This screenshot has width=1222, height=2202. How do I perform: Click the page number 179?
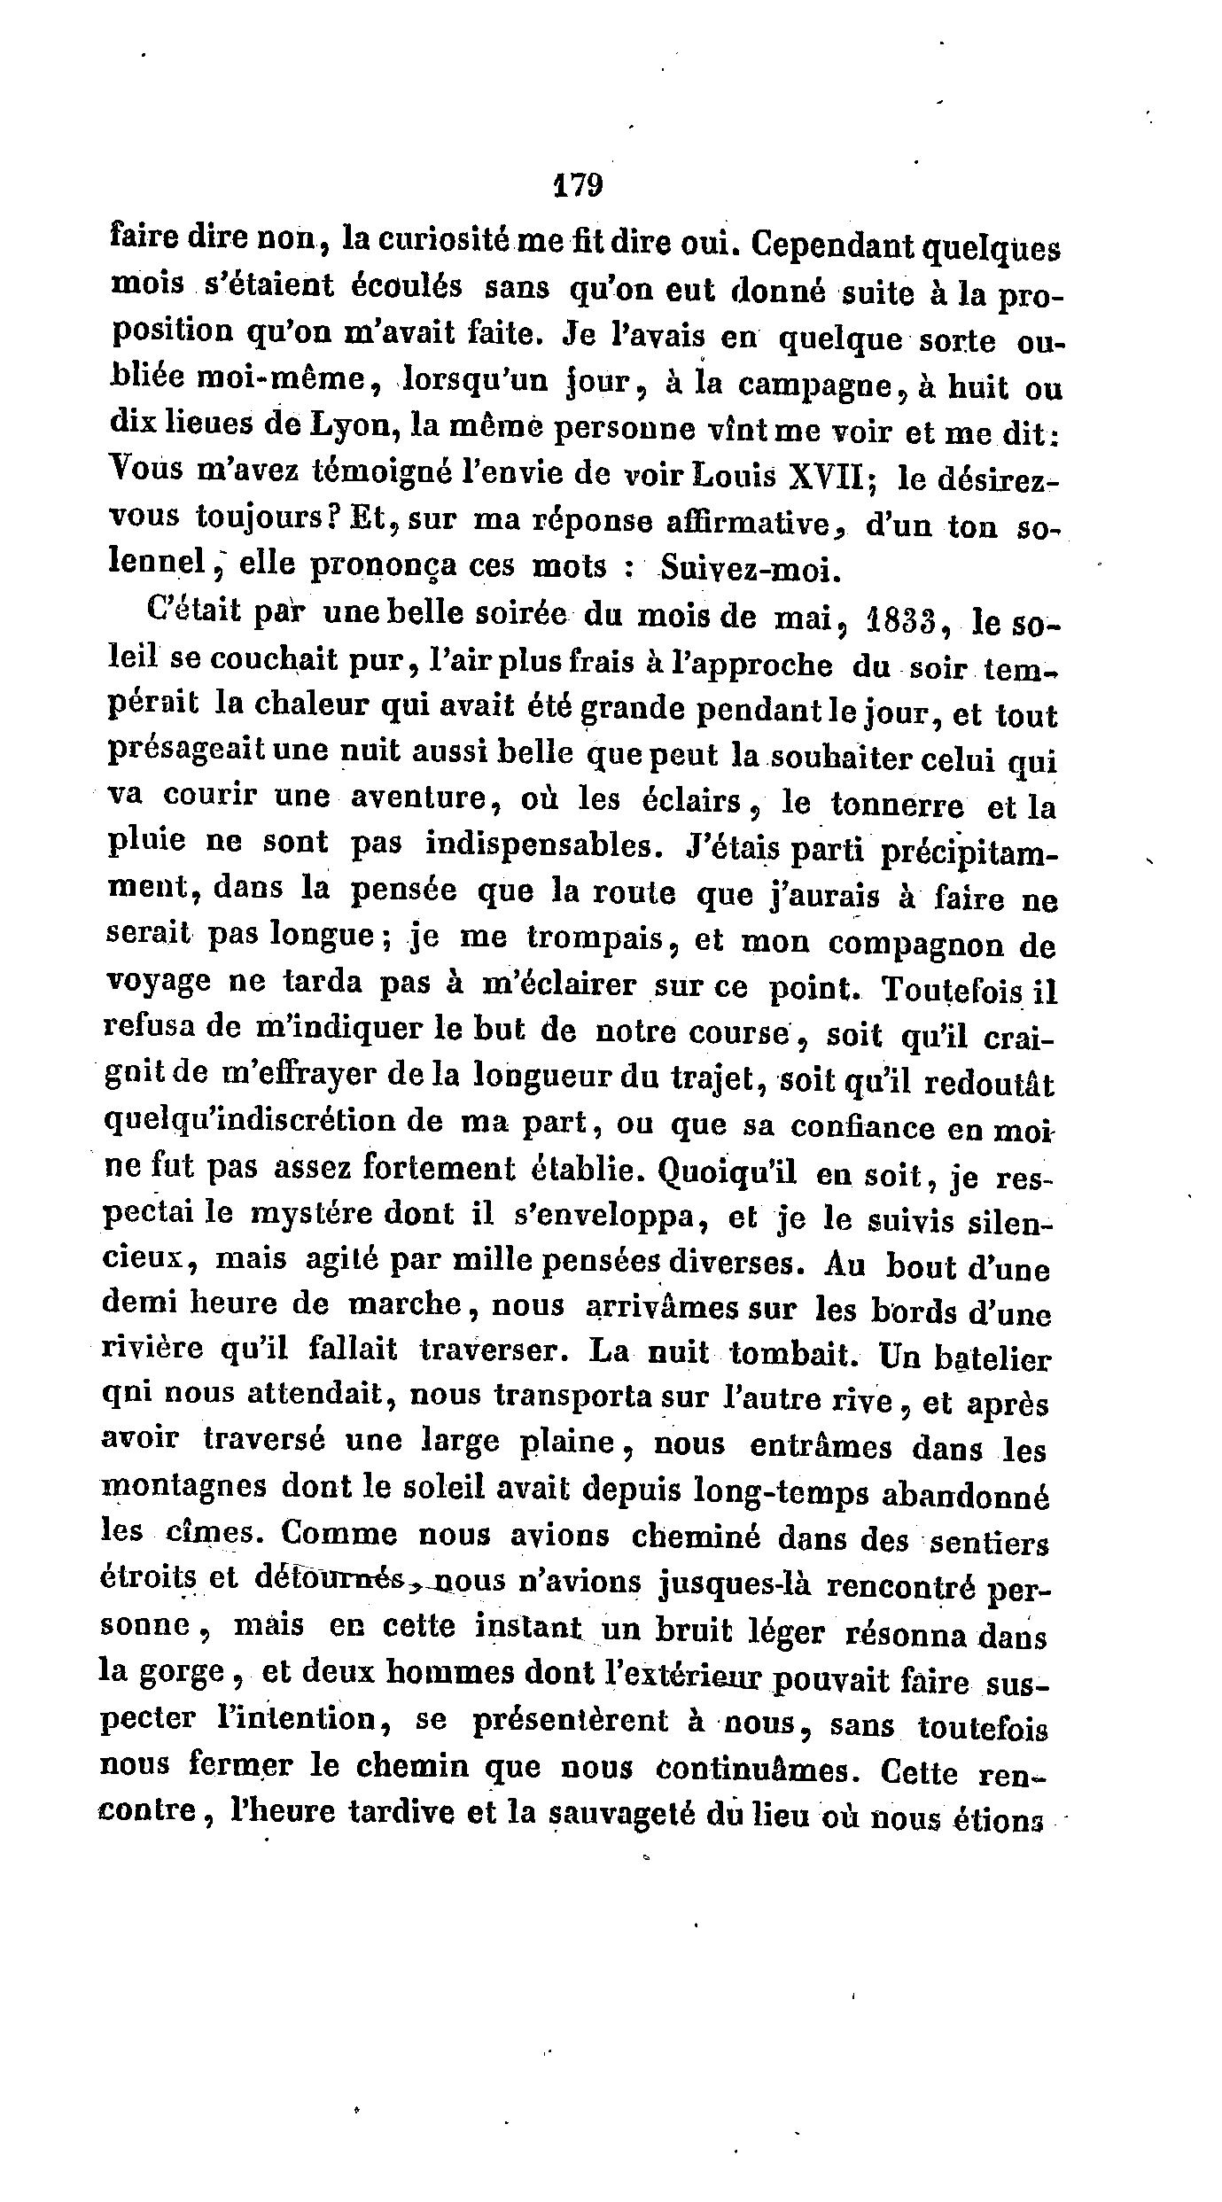point(577,185)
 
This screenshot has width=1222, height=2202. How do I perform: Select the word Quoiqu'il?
point(728,1173)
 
